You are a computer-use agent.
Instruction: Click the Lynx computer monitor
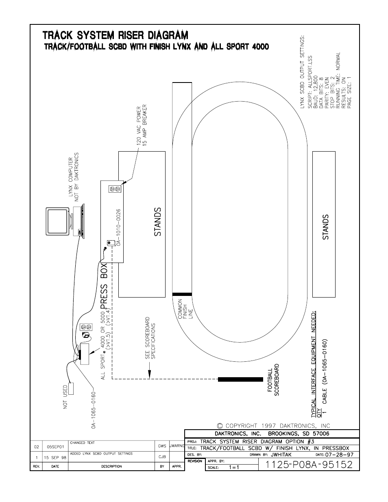tap(57, 221)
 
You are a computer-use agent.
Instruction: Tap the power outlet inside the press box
tap(115, 189)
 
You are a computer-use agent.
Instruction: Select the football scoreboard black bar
tap(240, 379)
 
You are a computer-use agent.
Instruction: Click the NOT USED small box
tap(71, 389)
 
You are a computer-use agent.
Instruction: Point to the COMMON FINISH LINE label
tap(185, 309)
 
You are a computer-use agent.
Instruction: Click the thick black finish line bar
tap(182, 294)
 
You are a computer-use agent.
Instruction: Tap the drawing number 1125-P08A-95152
tap(309, 465)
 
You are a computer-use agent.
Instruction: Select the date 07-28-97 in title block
tap(339, 454)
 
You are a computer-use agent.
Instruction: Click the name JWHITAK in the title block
tap(281, 454)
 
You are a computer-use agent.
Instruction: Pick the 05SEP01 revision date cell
tap(55, 447)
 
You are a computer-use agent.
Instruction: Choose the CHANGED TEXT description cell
tap(82, 443)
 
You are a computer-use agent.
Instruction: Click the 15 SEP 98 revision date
tap(55, 458)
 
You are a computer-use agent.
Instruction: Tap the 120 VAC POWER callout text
tap(139, 126)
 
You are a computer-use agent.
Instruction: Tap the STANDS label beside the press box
tap(158, 222)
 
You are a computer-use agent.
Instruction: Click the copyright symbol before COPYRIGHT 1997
tap(220, 426)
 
